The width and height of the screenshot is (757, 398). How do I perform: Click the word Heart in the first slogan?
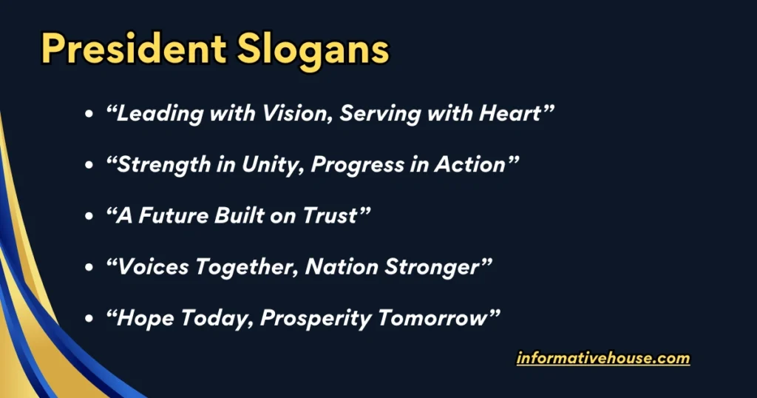pos(511,114)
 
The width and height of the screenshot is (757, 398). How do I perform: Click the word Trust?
pos(333,216)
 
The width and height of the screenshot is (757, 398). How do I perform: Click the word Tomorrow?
pos(441,318)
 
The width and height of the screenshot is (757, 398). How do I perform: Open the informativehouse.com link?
pos(603,359)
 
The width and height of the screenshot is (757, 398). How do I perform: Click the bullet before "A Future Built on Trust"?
pos(89,217)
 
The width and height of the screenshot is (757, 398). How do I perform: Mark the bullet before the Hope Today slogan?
pos(89,319)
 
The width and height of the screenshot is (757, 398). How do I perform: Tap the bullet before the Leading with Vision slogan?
pos(89,115)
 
